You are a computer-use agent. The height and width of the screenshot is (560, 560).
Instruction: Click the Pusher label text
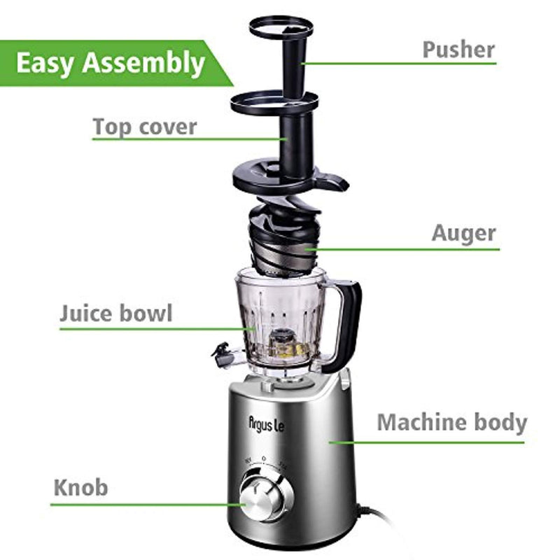point(458,49)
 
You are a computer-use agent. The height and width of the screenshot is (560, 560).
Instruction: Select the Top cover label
point(145,127)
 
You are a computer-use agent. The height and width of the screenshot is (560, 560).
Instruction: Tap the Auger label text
point(463,233)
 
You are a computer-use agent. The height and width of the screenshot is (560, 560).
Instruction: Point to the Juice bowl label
point(115,313)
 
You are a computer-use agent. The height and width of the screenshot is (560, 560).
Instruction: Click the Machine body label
point(451,423)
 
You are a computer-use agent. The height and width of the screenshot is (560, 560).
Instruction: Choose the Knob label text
point(81,487)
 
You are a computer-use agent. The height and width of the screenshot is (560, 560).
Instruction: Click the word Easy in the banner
point(45,63)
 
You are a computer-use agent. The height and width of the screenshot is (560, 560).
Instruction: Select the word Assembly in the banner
point(143,64)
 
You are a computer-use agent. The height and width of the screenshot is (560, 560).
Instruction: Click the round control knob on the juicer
point(262,495)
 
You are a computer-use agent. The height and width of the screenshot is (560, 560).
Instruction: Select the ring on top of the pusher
point(280,28)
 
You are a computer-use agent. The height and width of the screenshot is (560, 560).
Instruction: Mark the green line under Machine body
point(427,442)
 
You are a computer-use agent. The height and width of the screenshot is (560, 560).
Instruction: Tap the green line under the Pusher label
point(399,64)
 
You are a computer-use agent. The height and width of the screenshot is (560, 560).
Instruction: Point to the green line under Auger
point(402,248)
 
